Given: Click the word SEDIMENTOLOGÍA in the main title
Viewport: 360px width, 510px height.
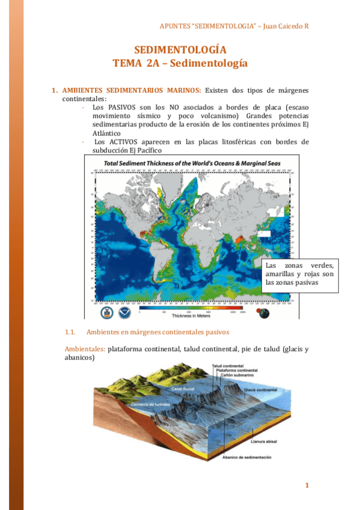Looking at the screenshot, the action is point(180,50).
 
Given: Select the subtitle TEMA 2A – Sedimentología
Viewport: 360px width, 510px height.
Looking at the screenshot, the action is point(180,63).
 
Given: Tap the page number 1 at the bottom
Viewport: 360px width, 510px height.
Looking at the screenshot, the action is point(307,485).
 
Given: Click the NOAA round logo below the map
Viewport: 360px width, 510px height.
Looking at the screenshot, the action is point(124,313).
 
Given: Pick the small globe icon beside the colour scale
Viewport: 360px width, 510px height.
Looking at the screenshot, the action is point(264,313).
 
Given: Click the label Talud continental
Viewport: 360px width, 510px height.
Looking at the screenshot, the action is point(228,365).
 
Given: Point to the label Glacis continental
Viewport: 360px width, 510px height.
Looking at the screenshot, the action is point(261,390).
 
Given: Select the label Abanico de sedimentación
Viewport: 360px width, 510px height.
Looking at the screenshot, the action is point(247,458).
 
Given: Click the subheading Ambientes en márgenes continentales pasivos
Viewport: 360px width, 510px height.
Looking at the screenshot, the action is point(157,332).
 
